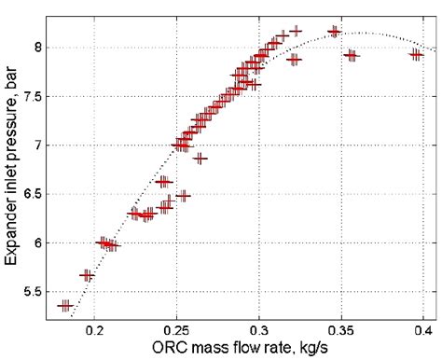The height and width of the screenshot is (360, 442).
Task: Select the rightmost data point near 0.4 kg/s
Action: click(416, 54)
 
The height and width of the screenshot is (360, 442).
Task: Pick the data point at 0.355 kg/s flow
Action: click(351, 55)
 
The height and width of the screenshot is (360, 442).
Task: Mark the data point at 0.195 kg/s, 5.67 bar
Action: click(87, 275)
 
